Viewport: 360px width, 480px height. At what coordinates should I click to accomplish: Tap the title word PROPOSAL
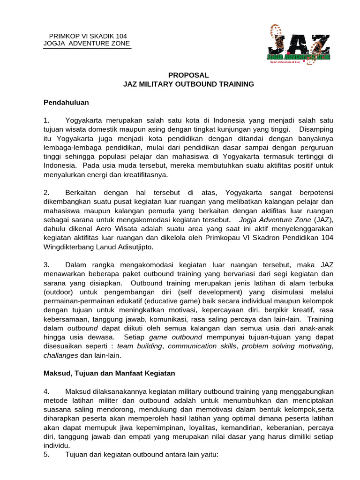pyautogui.click(x=188, y=75)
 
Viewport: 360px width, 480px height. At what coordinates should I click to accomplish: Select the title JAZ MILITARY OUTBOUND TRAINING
pyautogui.click(x=188, y=84)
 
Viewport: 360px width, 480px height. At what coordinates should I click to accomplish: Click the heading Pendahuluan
pyautogui.click(x=66, y=102)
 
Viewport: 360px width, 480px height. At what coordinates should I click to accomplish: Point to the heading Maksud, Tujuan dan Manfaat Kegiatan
pyautogui.click(x=109, y=373)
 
